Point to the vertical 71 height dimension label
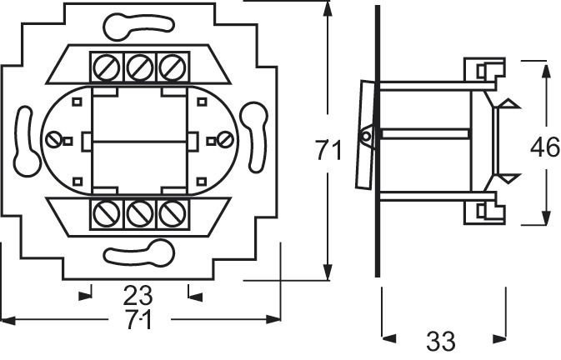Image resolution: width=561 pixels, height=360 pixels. tap(328, 151)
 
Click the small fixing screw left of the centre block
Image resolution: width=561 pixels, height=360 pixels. tap(56, 139)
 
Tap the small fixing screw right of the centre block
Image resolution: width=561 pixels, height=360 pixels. tap(222, 139)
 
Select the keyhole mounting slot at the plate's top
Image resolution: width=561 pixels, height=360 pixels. tap(138, 25)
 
